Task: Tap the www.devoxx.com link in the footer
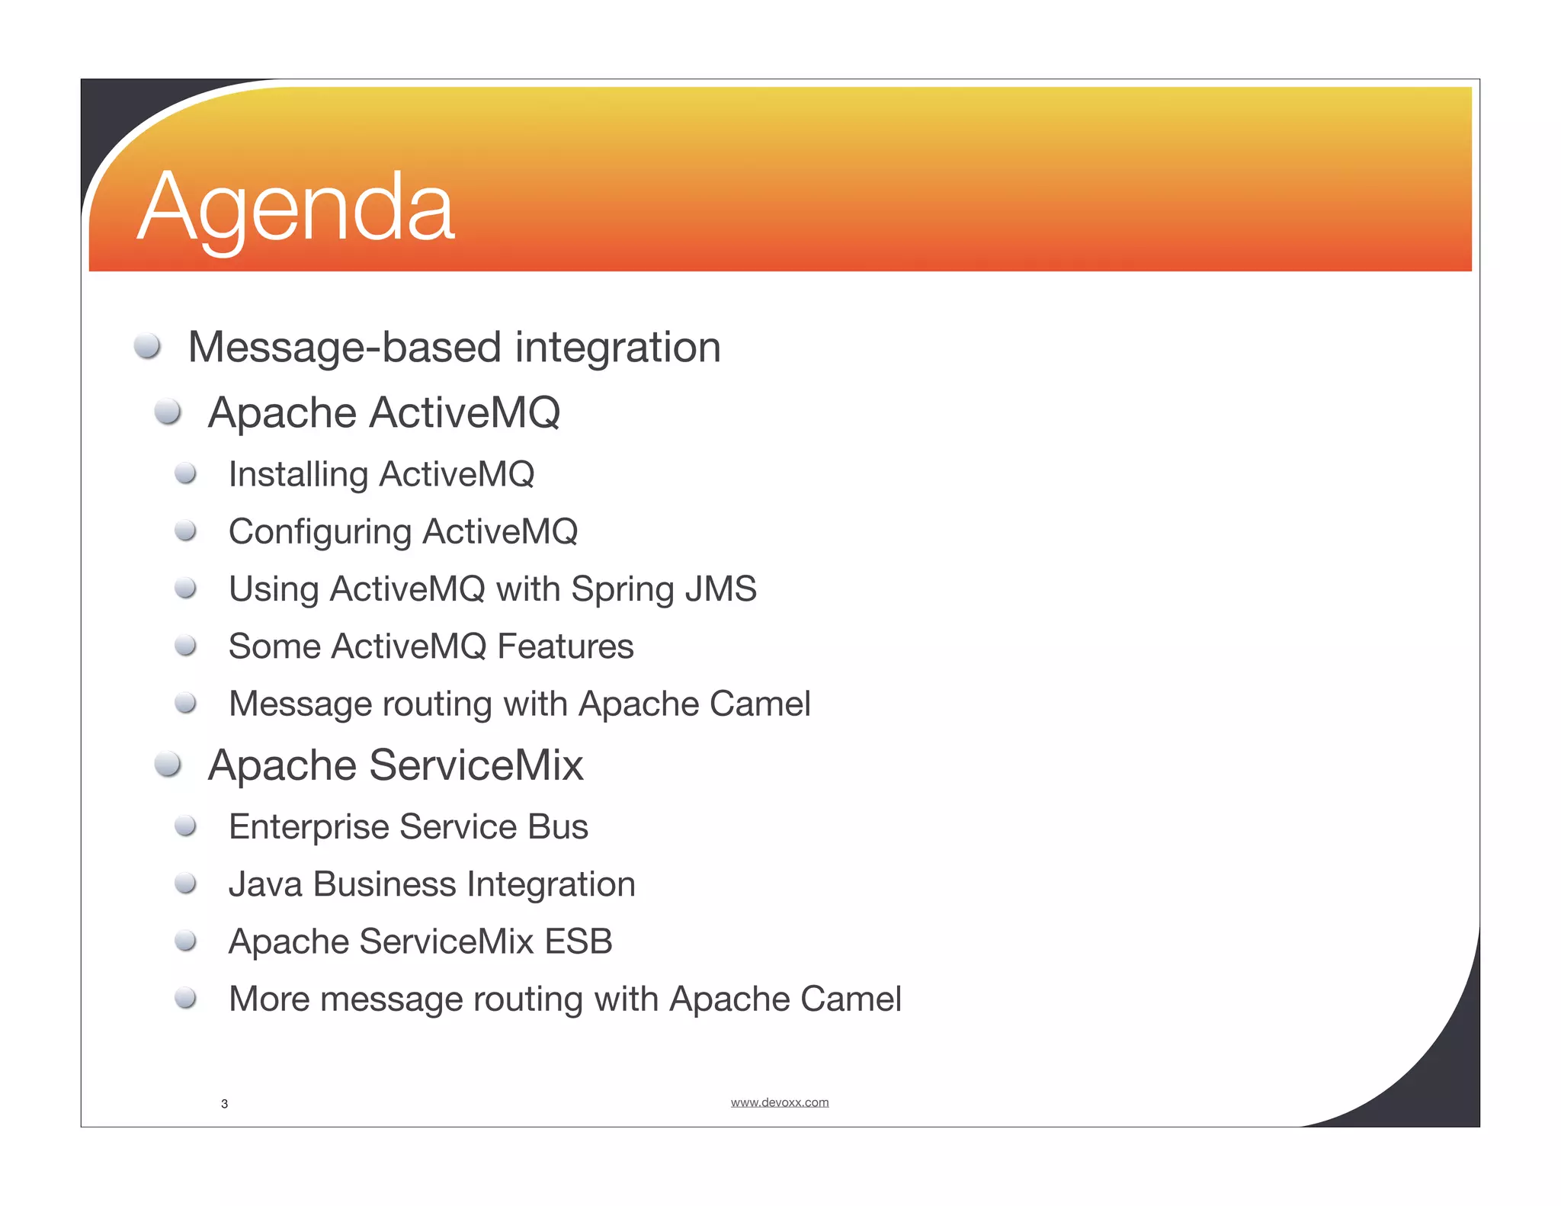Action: (x=779, y=1102)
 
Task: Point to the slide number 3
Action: (x=224, y=1104)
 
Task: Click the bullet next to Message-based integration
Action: (x=147, y=346)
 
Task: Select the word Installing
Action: (x=298, y=475)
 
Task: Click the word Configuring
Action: (x=320, y=532)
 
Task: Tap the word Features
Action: (x=565, y=646)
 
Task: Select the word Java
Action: (x=265, y=884)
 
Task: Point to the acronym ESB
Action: (x=579, y=941)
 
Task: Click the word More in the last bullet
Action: (x=269, y=999)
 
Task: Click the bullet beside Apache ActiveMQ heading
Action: (x=168, y=412)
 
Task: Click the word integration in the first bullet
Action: (x=617, y=348)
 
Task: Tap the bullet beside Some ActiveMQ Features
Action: (x=186, y=646)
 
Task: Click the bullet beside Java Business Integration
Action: (x=186, y=884)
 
